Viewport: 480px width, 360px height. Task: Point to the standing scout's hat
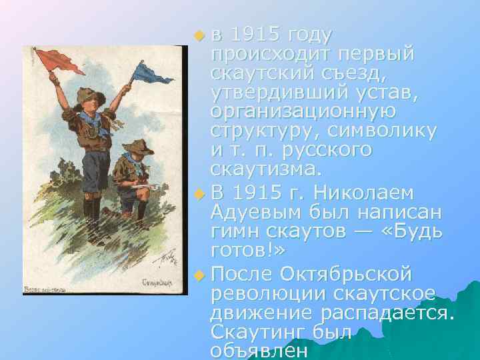87,95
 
